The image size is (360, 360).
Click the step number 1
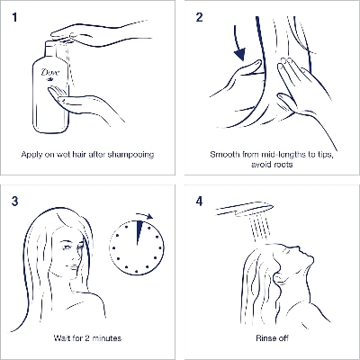coord(14,17)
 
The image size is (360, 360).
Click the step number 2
coord(199,17)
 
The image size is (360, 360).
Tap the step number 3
coord(15,202)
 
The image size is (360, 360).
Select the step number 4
coord(200,202)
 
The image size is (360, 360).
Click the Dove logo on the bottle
coord(50,74)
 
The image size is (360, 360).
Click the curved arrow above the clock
coord(145,215)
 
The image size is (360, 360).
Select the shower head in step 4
coord(245,209)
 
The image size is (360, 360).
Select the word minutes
coord(107,338)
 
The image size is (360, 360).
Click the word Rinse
coord(264,338)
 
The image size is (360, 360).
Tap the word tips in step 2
coord(323,155)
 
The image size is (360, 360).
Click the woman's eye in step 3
coord(67,247)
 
